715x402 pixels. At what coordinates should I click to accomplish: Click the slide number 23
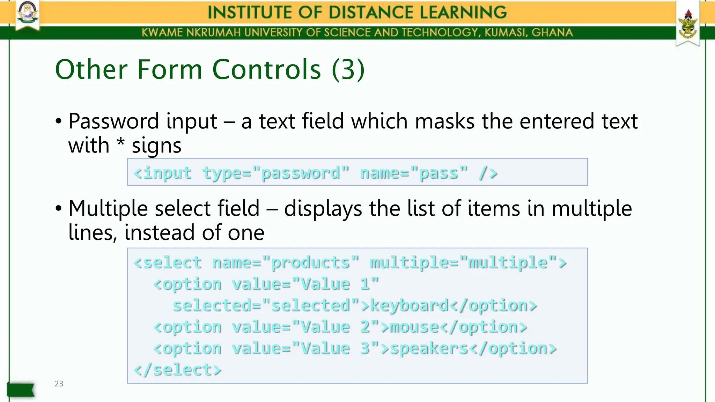coord(59,384)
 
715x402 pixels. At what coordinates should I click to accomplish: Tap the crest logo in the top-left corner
coord(28,14)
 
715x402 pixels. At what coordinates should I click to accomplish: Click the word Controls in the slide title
coord(266,69)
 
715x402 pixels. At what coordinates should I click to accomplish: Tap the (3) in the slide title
coord(348,69)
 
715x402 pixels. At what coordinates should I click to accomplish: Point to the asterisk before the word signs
coord(120,142)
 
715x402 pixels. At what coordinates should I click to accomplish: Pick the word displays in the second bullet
coord(323,209)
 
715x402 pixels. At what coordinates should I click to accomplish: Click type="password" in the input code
coord(276,173)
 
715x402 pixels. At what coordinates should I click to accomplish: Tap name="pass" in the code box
coord(414,173)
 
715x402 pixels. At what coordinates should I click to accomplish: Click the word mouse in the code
coord(414,327)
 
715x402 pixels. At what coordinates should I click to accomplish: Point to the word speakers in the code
coord(429,348)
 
